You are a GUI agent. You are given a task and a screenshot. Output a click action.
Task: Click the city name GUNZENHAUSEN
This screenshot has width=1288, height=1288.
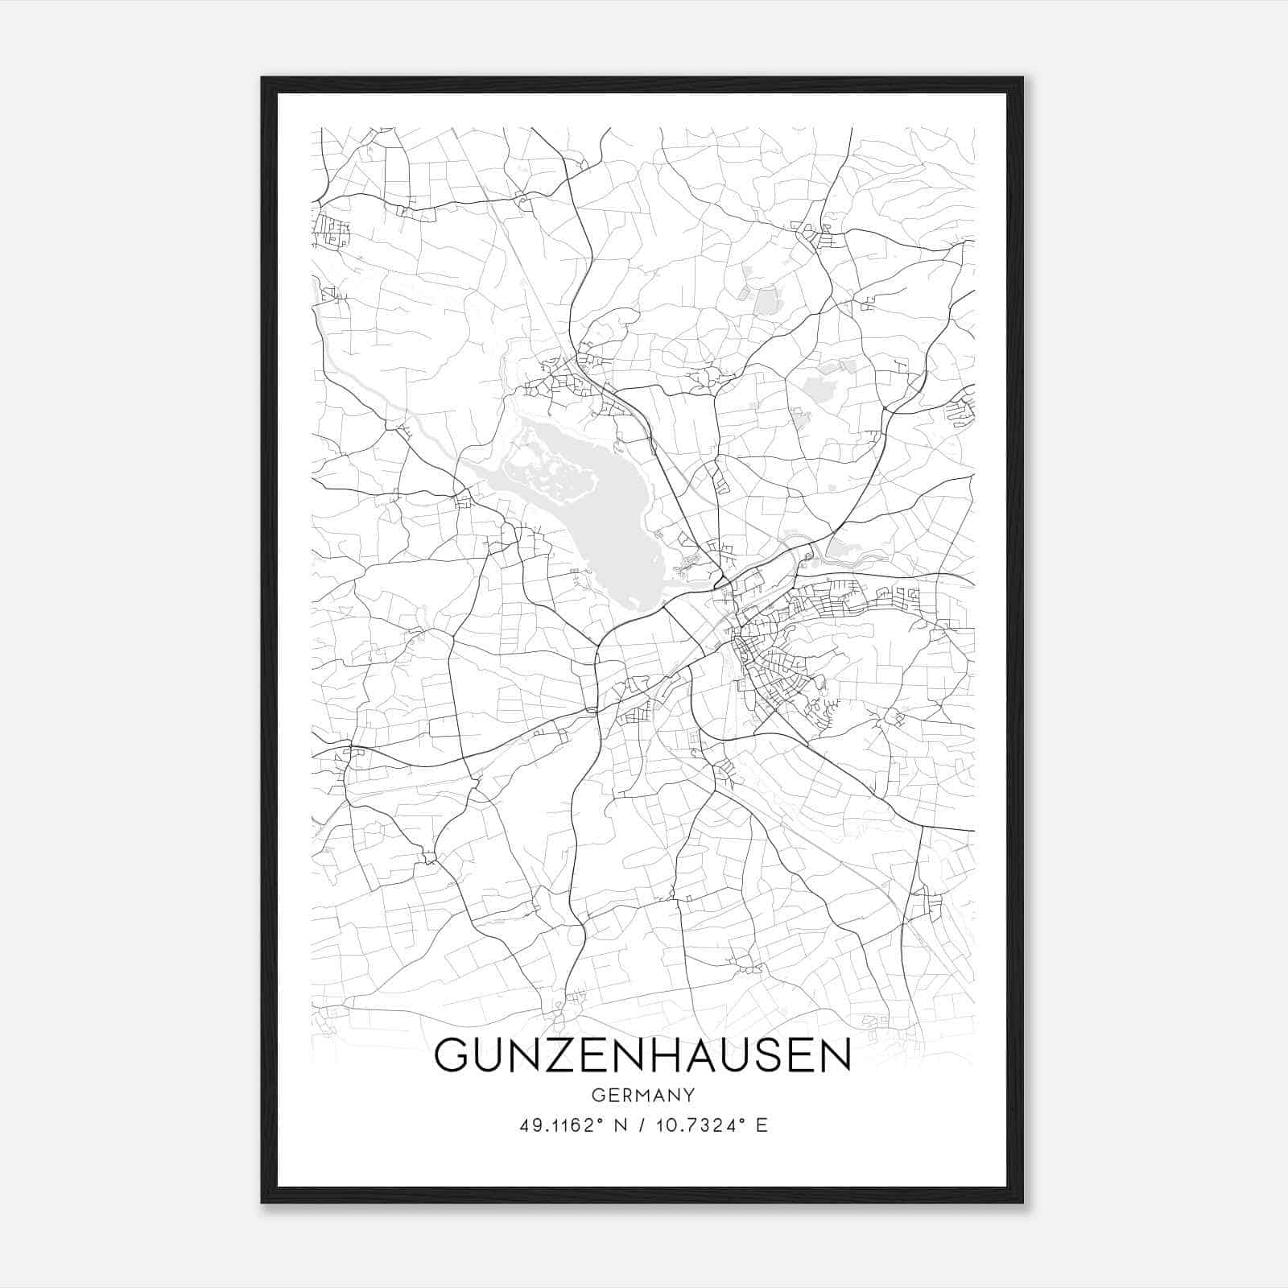point(642,1055)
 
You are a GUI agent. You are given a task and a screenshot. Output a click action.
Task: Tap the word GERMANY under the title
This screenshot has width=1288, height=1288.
point(642,1096)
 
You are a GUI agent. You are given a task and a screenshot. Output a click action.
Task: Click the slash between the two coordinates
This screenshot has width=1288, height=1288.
point(642,1125)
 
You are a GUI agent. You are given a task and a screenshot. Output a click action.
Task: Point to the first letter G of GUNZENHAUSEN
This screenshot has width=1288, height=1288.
point(452,1055)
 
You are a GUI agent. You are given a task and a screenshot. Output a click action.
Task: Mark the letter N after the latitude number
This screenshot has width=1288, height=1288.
point(621,1125)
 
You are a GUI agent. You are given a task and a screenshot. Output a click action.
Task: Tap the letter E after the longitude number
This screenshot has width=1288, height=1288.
point(762,1125)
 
